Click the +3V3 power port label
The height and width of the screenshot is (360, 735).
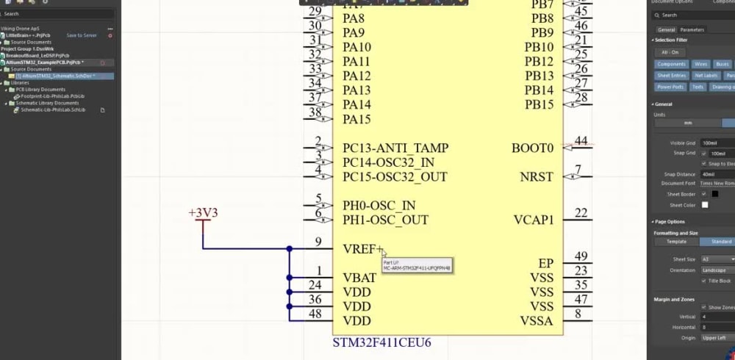coord(204,213)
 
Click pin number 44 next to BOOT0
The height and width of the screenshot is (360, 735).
coord(581,140)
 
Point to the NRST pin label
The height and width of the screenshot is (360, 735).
coord(537,177)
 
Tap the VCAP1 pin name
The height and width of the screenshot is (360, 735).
coord(533,220)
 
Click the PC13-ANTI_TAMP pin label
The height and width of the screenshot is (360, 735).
coord(395,148)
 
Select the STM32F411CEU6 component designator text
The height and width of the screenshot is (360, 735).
coord(381,342)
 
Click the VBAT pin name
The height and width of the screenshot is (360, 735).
coord(360,277)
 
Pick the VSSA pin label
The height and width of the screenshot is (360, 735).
coord(537,320)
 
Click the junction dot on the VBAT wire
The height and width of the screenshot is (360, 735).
coord(290,278)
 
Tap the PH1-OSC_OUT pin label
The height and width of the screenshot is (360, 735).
coord(385,220)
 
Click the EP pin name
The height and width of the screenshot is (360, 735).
coord(545,263)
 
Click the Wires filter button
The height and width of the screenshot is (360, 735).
coord(701,65)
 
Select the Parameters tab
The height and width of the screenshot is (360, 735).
coord(692,30)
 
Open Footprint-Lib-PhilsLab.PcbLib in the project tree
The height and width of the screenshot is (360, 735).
coord(52,96)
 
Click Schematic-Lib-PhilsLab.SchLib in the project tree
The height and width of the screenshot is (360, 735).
coord(53,109)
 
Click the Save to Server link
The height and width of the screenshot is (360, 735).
coord(81,35)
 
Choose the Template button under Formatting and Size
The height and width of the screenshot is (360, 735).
coord(676,242)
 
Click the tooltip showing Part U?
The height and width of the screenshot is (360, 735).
coord(416,265)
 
